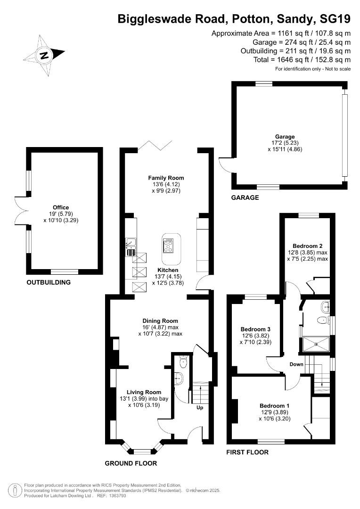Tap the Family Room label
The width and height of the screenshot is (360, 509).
click(x=166, y=178)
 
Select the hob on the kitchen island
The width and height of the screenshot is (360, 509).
click(x=169, y=245)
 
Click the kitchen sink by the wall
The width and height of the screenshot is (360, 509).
click(x=131, y=243)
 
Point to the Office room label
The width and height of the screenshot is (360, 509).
click(x=61, y=207)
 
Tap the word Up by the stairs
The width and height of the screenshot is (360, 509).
click(x=200, y=407)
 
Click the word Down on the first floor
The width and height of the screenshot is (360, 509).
click(x=296, y=364)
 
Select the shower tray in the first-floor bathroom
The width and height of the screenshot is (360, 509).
click(x=316, y=345)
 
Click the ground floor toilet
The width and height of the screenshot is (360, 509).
click(x=183, y=362)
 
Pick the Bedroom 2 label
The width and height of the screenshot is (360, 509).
click(x=307, y=246)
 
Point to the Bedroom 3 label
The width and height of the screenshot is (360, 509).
click(x=255, y=329)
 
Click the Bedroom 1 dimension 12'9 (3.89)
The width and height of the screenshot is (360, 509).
click(x=275, y=412)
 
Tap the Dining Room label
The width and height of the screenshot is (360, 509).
click(x=160, y=321)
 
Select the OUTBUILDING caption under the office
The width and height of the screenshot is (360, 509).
click(x=49, y=282)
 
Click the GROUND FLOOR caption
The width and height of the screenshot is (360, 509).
click(x=131, y=464)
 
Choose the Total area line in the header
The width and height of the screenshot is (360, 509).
click(x=302, y=60)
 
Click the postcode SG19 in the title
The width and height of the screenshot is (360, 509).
click(x=335, y=19)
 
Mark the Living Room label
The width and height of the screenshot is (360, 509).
click(x=144, y=392)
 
